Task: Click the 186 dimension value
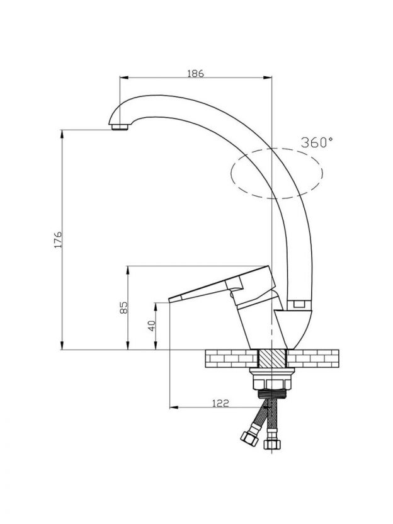(195, 73)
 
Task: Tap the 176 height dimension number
(58, 239)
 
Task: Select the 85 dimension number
(123, 307)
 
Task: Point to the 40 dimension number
(152, 326)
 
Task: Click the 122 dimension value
(220, 403)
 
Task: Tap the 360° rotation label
(317, 142)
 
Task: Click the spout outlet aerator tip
(120, 127)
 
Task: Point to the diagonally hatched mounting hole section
(272, 358)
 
